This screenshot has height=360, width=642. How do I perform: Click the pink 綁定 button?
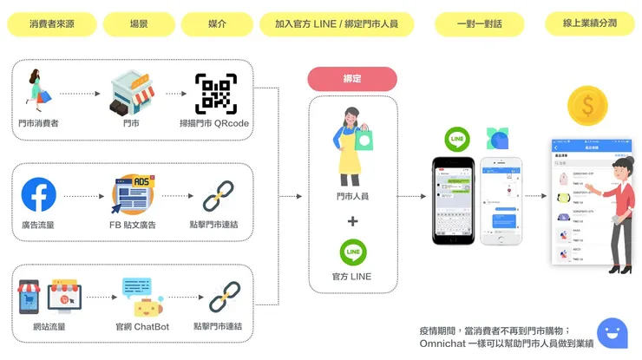point(352,79)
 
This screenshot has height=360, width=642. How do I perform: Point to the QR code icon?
point(215,94)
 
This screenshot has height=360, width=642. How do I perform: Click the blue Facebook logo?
point(38,195)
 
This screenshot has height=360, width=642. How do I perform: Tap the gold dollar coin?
point(586,106)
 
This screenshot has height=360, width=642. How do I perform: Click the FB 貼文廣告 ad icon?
point(132,195)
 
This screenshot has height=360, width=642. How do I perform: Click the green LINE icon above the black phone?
point(456,140)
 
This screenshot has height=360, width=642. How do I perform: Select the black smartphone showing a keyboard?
point(455,200)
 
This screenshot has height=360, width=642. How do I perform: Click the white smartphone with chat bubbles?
point(504,200)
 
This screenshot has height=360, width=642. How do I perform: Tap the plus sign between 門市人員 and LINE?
point(352,221)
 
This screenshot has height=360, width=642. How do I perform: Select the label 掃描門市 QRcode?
point(214,123)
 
